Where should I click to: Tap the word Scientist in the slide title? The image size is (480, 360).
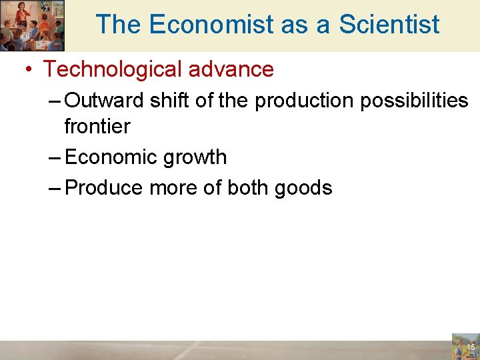click(389, 25)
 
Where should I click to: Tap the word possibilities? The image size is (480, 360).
click(413, 101)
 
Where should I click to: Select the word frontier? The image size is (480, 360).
click(97, 126)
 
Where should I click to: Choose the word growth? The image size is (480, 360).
click(195, 157)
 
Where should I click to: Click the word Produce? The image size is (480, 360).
click(105, 188)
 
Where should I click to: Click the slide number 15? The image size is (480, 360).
click(471, 347)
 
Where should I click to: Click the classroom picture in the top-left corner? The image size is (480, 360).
click(32, 25)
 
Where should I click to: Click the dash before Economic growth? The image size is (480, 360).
click(56, 158)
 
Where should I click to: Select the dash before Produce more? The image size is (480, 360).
click(56, 189)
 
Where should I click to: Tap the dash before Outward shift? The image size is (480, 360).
click(56, 101)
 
